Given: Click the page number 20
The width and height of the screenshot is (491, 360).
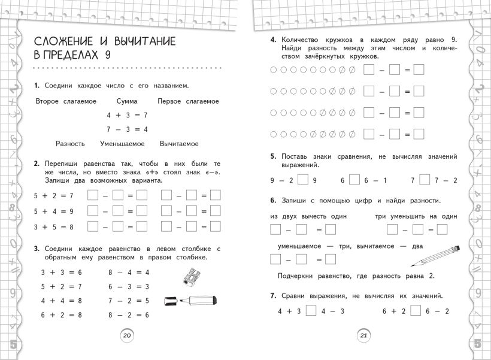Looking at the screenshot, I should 126,335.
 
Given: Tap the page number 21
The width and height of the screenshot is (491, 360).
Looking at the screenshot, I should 363,335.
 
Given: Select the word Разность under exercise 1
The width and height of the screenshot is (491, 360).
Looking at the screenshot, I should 70,144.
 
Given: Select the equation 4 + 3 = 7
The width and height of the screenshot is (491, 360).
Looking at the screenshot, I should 127,114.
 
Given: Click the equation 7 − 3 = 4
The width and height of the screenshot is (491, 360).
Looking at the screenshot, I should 127,129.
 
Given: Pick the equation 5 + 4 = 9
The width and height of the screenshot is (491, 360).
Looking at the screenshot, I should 54,211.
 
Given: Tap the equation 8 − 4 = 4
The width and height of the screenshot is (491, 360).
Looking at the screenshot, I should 129,272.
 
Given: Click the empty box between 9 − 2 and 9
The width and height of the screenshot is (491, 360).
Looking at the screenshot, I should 303,179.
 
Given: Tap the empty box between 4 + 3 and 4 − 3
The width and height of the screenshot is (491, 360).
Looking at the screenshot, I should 310,311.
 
